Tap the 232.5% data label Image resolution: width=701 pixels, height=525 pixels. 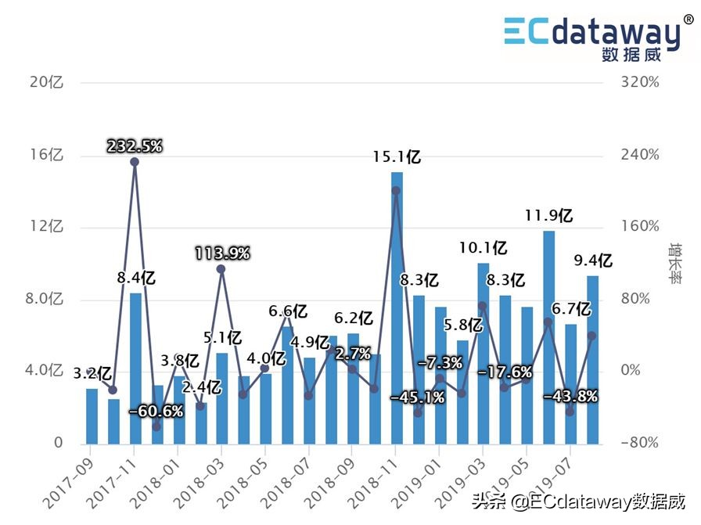135,146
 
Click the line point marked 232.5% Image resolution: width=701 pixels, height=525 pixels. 135,162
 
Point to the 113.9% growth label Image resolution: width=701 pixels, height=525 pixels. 222,253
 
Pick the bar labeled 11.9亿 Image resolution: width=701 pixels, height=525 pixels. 549,336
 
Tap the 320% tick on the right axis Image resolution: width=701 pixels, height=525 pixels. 639,82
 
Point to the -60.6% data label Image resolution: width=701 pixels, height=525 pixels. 156,411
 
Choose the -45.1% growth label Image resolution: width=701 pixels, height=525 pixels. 417,397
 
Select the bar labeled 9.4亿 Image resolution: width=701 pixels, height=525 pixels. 592,360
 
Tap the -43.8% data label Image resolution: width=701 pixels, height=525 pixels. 570,397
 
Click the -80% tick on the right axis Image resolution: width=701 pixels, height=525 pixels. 639,443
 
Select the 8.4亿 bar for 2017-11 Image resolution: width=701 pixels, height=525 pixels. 135,368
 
